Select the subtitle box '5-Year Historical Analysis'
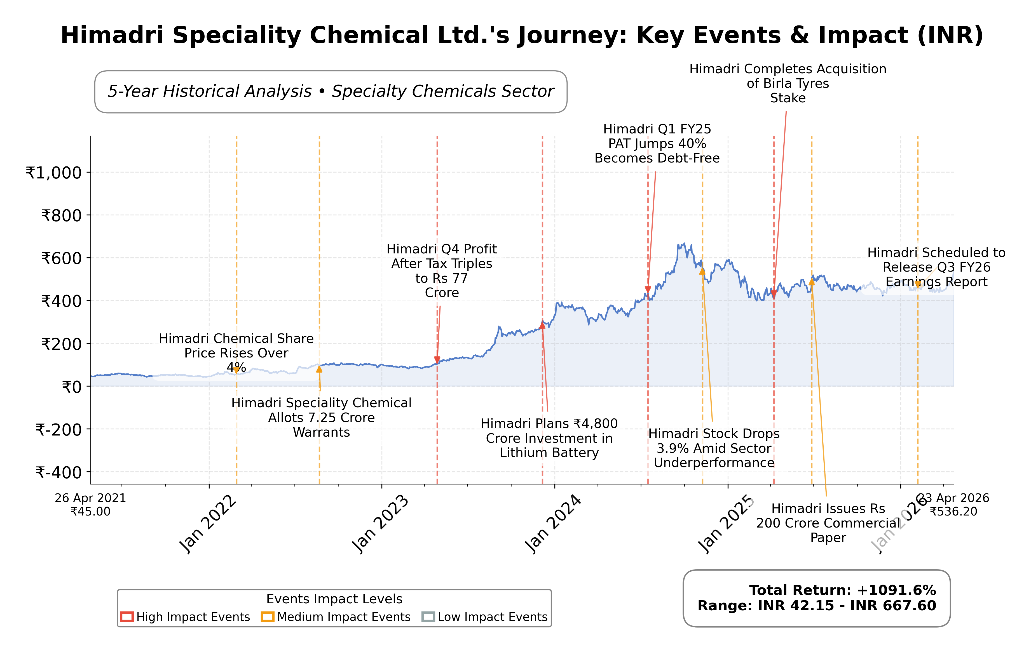click(331, 91)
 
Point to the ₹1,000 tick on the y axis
click(54, 173)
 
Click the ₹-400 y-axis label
click(59, 473)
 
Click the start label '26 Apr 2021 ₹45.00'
click(90, 505)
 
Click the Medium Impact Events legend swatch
click(268, 617)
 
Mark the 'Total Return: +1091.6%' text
click(842, 590)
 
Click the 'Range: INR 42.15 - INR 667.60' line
click(817, 606)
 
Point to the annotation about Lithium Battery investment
click(549, 438)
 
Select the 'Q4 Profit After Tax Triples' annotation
click(441, 271)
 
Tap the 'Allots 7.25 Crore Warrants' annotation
click(321, 418)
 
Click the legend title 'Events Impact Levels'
click(334, 599)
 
